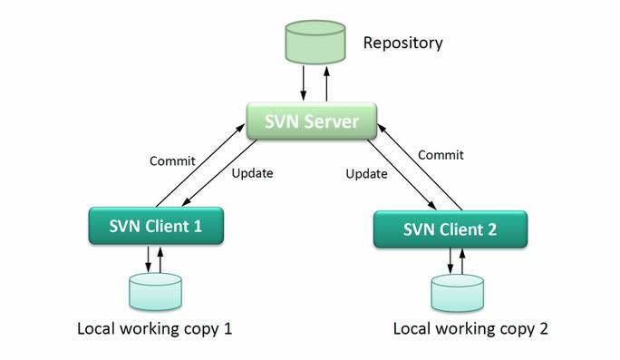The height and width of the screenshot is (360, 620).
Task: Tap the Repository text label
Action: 402,42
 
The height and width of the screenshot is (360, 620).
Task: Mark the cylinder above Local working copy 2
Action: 457,293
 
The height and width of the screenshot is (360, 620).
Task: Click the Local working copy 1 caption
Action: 155,328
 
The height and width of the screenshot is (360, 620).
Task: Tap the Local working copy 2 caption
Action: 470,328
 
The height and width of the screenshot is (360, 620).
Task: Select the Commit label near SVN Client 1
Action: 171,161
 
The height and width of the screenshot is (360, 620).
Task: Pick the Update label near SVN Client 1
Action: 252,172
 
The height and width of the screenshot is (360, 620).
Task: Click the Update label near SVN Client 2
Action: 367,173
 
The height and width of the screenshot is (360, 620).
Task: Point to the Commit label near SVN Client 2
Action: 441,155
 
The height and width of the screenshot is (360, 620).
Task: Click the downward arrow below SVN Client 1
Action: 147,259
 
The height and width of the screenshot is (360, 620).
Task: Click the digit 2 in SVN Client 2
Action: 490,229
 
